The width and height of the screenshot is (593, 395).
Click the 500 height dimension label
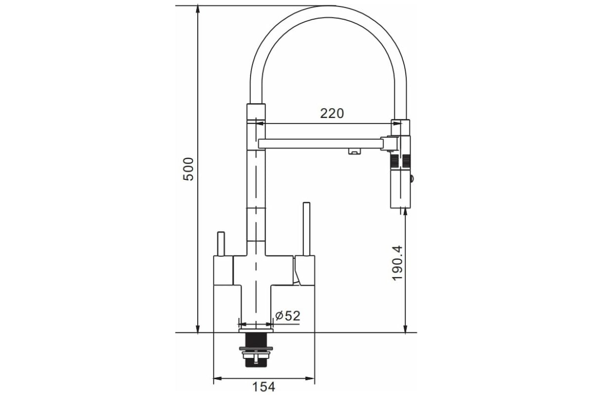188,169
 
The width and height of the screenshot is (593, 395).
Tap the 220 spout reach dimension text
332,114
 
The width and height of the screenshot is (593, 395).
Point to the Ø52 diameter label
288,316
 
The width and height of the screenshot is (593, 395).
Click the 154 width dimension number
264,387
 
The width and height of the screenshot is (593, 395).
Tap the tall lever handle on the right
306,229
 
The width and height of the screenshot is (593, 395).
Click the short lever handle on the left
221,244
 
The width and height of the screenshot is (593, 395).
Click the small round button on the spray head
412,179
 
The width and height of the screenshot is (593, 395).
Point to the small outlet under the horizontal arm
354,151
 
